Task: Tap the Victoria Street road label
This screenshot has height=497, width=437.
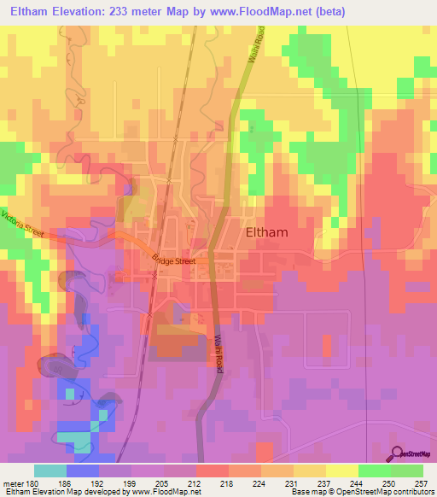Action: point(23,225)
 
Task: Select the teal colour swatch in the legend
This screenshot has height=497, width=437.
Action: point(50,471)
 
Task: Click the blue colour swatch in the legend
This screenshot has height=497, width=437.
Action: point(83,471)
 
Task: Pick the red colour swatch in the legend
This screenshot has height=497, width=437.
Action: point(213,471)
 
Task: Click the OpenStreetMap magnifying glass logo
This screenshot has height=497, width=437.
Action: point(398,453)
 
